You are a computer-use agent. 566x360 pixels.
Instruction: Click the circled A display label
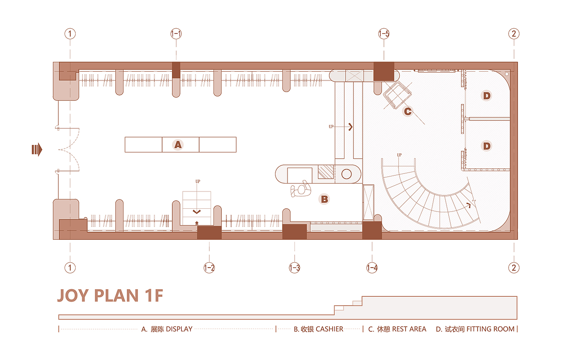178,145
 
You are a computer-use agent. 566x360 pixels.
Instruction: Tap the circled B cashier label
325,199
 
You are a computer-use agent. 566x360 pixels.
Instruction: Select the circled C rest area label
408,111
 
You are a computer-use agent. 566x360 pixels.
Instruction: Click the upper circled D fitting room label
486,96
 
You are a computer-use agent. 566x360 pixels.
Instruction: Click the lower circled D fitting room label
486,146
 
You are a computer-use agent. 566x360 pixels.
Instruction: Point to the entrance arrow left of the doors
37,150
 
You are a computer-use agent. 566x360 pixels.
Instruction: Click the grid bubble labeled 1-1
176,34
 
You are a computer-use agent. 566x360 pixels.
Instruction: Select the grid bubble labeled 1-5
384,34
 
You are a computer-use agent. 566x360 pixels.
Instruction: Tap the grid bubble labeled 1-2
209,268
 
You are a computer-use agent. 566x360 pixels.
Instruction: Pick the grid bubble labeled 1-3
294,268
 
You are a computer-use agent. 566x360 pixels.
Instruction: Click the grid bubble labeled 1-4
372,268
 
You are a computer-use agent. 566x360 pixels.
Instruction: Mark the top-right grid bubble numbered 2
513,34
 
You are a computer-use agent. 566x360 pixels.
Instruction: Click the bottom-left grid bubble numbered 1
70,268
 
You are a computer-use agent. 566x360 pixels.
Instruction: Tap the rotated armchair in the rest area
397,95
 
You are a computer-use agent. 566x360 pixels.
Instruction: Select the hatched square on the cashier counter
326,172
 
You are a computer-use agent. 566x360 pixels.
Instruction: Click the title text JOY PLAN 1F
110,295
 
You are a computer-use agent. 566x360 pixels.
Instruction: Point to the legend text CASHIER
329,329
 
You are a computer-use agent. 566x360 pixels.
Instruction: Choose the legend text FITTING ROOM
490,329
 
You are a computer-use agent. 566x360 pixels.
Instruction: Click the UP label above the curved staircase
399,155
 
